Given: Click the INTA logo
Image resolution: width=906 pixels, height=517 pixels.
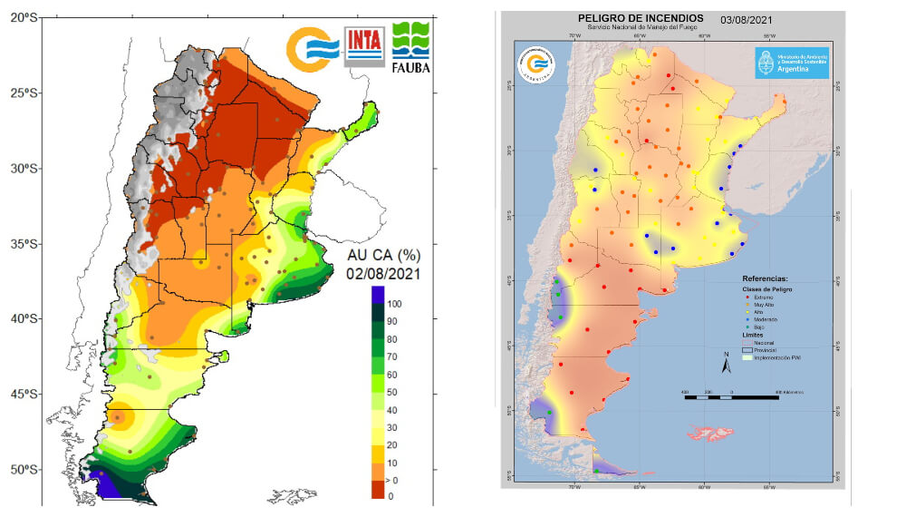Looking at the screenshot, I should click(x=364, y=45).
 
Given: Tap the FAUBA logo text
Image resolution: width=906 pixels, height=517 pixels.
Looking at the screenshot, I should click(x=410, y=66).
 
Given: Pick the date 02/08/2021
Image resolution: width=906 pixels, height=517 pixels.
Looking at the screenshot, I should click(x=383, y=273).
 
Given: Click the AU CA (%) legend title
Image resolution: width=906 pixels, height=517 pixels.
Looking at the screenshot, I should click(x=384, y=254).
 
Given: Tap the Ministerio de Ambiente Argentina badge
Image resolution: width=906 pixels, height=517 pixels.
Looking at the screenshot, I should click(x=792, y=63).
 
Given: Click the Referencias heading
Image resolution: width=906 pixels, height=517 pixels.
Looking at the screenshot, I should click(x=765, y=278).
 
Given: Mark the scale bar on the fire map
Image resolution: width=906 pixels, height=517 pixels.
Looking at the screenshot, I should click(x=731, y=397).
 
